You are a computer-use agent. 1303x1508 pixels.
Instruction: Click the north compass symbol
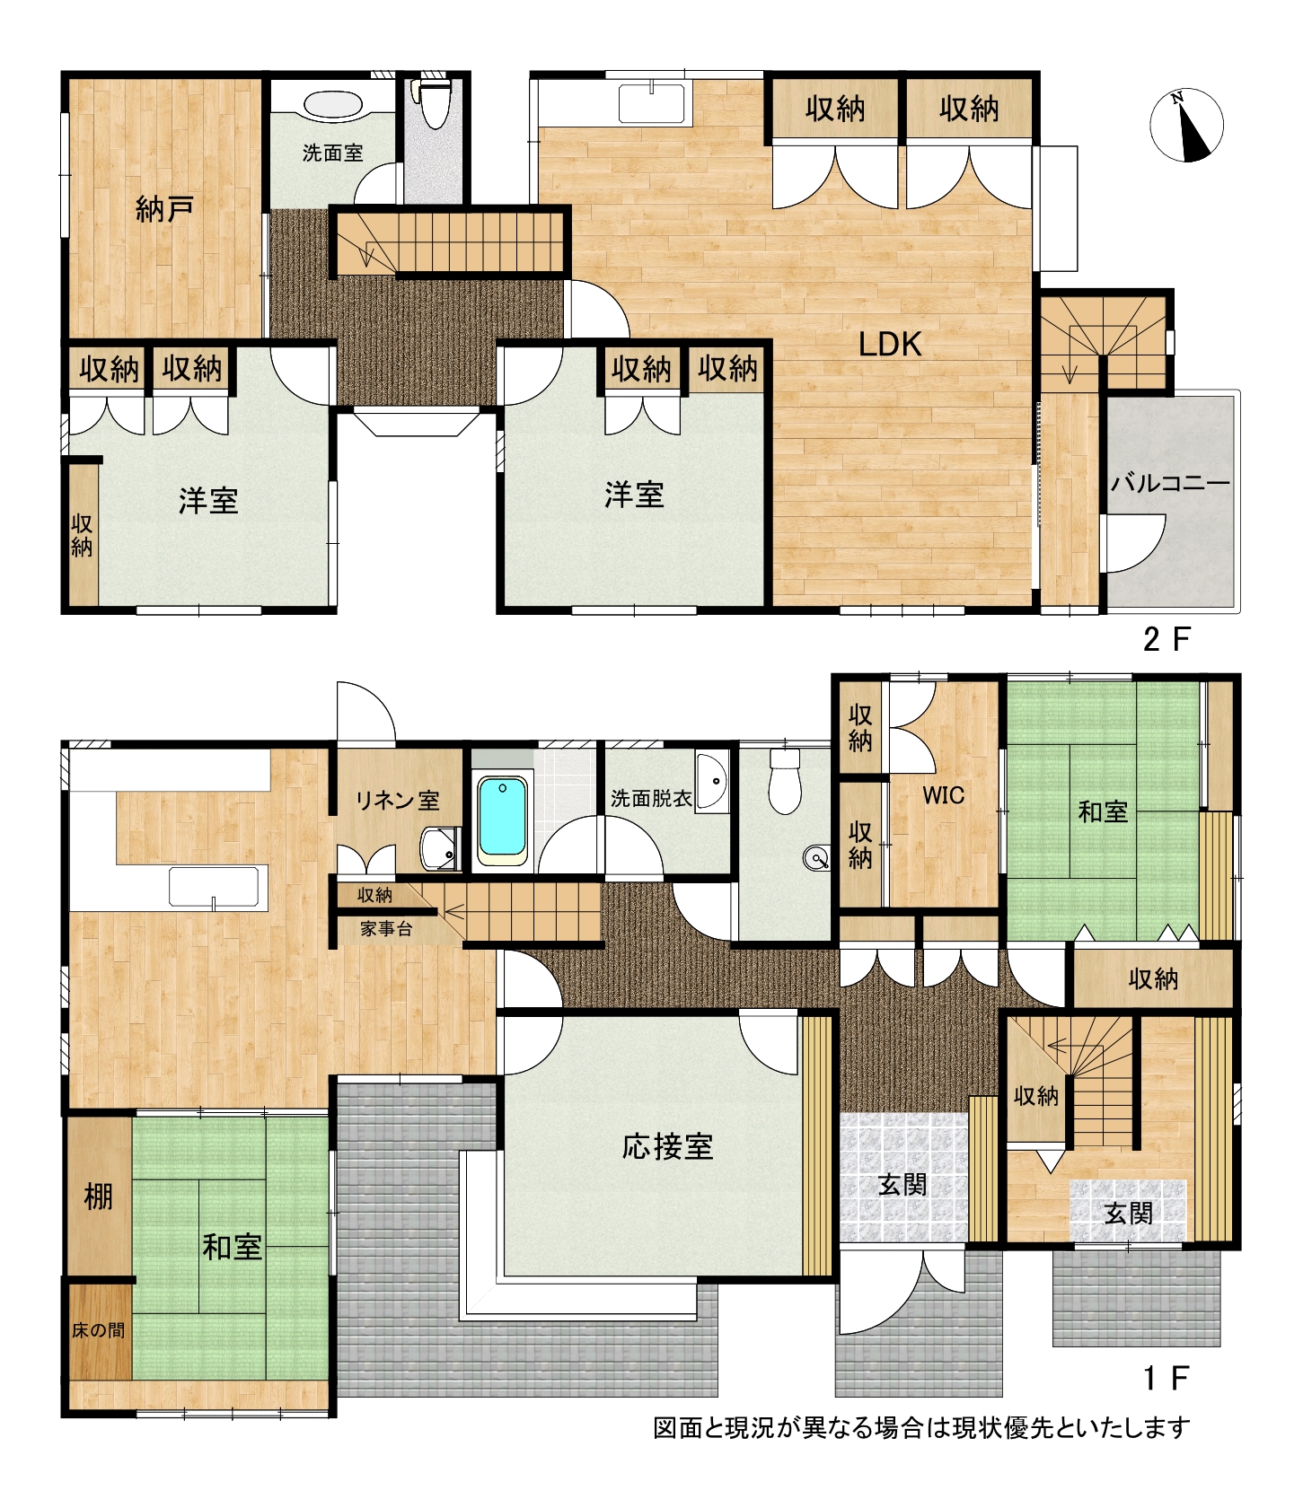(x=1186, y=126)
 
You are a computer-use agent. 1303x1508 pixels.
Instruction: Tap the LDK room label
(x=890, y=344)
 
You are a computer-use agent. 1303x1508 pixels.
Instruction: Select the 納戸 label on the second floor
(x=165, y=210)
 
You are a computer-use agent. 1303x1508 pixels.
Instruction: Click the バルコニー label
(x=1170, y=484)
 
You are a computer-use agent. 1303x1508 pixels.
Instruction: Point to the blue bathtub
(x=502, y=819)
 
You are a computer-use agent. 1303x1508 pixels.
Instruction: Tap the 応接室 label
(x=667, y=1146)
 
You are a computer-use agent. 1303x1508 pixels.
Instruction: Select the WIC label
(x=944, y=795)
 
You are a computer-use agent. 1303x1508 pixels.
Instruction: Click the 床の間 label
(x=99, y=1330)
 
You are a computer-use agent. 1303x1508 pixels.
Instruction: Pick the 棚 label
(x=99, y=1196)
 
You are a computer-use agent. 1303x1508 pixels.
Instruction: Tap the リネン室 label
(x=398, y=800)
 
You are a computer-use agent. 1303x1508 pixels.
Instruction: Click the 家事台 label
(x=387, y=929)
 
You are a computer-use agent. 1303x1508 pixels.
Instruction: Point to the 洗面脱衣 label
(x=651, y=798)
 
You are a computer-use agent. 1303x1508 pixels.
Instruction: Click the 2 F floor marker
(x=1166, y=640)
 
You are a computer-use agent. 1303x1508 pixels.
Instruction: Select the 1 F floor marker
(x=1166, y=1378)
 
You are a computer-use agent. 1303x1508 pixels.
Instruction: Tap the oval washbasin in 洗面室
(x=333, y=104)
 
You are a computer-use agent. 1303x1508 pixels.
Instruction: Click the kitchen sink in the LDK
(x=652, y=101)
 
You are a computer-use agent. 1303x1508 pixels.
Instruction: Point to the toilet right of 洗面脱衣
(x=785, y=783)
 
